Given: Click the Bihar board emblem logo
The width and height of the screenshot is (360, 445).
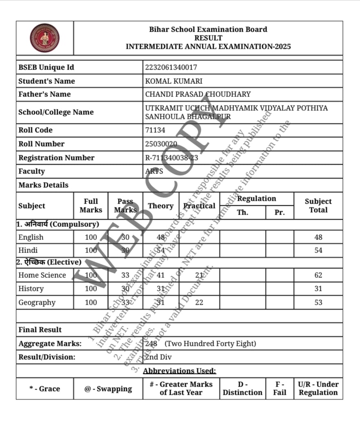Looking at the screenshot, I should coord(44,38).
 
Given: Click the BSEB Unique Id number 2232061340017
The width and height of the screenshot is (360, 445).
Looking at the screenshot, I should coord(171,68).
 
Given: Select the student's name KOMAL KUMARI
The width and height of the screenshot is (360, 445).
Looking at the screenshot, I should coord(173,81).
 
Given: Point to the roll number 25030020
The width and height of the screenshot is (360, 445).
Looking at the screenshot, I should coord(161,144).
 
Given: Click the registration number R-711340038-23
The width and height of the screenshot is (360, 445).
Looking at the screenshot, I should coord(171,158).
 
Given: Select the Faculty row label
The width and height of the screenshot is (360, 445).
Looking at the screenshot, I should coord(32,171).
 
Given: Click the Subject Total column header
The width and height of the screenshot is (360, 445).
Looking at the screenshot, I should coord(318,206).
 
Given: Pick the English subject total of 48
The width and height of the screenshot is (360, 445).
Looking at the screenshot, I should coord(318,237).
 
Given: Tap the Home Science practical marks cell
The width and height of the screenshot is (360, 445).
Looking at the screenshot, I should coord(199,275).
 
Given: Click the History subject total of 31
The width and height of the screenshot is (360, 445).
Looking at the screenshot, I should coord(318,289).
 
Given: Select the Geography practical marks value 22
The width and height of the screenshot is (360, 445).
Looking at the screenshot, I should coord(199,302).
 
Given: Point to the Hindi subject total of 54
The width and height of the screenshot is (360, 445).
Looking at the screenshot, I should coord(318,250).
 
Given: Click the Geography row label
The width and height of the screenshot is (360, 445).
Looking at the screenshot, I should coord(37,302).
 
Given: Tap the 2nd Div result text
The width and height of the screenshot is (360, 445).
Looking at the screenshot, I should coord(159,357).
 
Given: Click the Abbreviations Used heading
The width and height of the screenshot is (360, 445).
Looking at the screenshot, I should coord(180,371).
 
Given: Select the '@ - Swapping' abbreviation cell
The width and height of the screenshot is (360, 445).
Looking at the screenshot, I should coord(108,389).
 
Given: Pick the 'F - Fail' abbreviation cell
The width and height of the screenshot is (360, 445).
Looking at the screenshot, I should coord(279,388).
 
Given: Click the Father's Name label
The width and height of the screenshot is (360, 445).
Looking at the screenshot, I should coord(44,94).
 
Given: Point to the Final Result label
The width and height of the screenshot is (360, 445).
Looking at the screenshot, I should coord(40,330).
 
